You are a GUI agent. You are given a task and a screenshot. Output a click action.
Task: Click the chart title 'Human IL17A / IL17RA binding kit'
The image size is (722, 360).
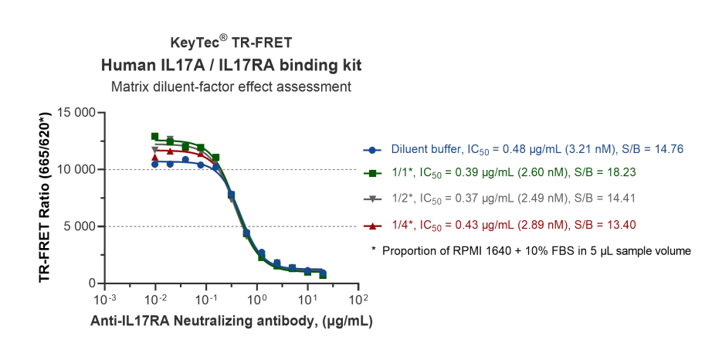(231, 63)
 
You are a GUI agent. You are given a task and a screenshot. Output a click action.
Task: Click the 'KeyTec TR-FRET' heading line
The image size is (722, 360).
(231, 42)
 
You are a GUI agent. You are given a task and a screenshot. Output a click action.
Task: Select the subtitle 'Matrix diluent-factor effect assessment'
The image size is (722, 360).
(231, 86)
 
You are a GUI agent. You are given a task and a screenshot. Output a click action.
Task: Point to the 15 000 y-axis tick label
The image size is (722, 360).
(74, 113)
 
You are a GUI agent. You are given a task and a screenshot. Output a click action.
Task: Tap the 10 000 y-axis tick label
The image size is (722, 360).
(74, 170)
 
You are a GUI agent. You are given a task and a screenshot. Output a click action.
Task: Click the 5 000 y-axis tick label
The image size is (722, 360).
(77, 227)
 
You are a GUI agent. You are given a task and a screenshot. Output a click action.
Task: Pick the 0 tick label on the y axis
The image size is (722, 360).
(91, 284)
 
